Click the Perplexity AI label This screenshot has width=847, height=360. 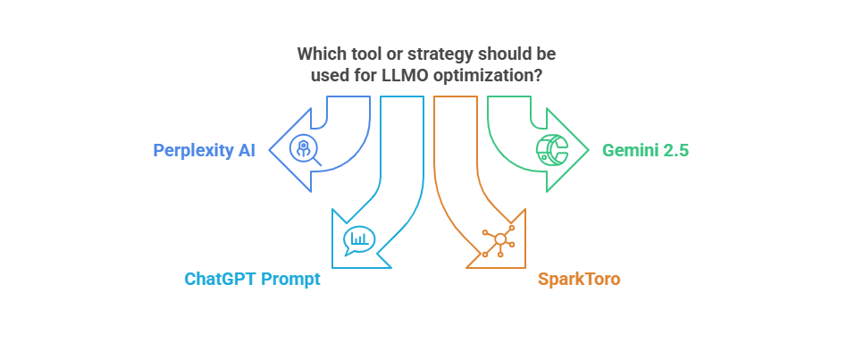[x=205, y=150]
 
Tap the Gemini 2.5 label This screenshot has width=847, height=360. [x=645, y=150]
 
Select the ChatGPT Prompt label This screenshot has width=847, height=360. [x=252, y=279]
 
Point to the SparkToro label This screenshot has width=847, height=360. [x=579, y=279]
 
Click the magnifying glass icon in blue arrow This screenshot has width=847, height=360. [x=306, y=150]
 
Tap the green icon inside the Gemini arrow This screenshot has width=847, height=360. [x=551, y=149]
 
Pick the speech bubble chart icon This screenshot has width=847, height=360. [x=358, y=240]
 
